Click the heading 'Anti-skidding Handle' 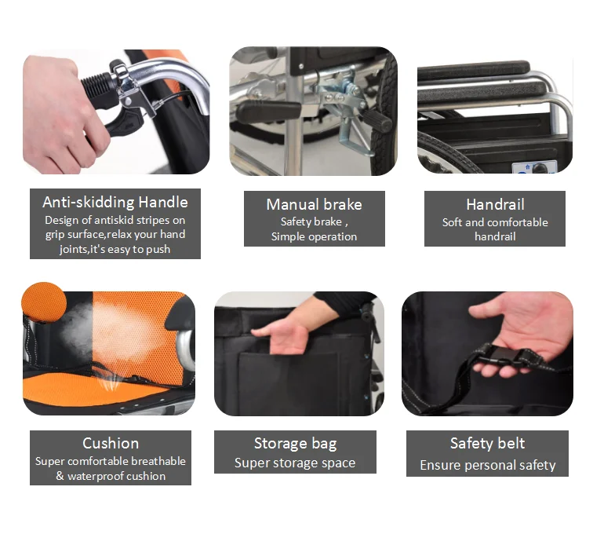[115, 202]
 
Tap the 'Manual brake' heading [314, 204]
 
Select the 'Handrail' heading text [495, 204]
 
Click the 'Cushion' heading [111, 443]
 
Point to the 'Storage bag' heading [295, 444]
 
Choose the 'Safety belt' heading [487, 443]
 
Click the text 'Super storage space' [295, 463]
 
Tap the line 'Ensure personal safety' [487, 465]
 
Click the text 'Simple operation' [314, 236]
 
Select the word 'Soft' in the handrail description [452, 222]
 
